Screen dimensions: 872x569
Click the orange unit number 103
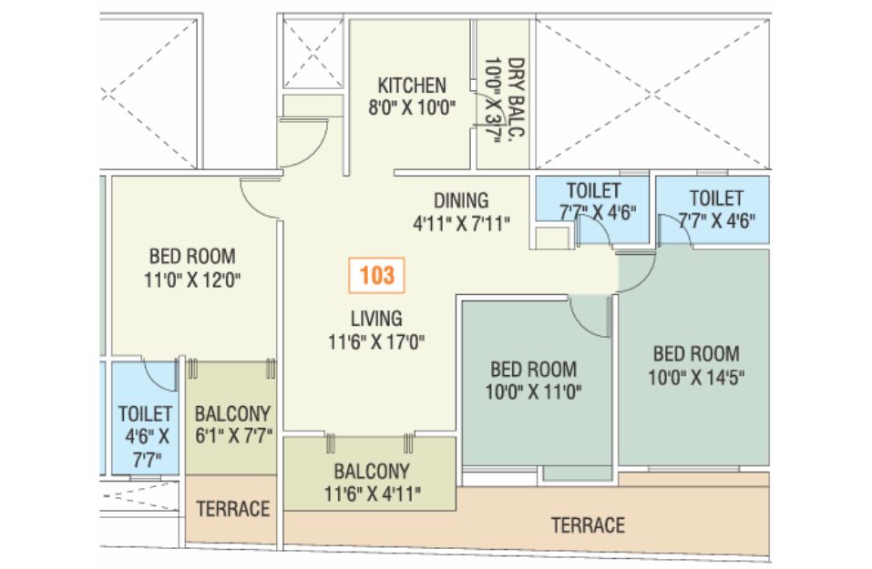point(376,275)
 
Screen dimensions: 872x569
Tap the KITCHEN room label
point(412,86)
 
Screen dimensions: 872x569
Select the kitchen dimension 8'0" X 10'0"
point(412,107)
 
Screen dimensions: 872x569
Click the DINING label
point(461,200)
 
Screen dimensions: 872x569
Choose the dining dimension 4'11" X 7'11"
point(461,224)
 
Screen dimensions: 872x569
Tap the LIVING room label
point(376,319)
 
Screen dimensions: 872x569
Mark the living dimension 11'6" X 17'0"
point(376,341)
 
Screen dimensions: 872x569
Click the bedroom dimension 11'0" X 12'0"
point(192,279)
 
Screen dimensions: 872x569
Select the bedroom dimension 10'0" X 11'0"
point(533,392)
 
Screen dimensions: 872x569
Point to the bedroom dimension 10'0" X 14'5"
point(696,377)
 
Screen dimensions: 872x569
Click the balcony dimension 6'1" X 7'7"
point(233,436)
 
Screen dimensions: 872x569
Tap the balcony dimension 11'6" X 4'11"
point(372,494)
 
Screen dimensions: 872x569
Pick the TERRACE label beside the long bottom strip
point(588,525)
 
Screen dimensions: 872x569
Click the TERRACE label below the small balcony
point(233,508)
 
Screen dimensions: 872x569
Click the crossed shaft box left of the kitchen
point(313,53)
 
